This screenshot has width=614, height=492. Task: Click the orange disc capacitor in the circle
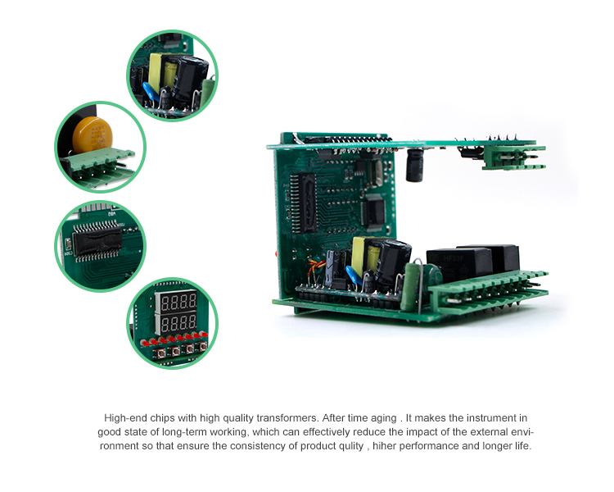click(x=93, y=134)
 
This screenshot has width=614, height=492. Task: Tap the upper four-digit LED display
click(x=176, y=302)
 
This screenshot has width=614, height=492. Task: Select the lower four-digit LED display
click(x=176, y=323)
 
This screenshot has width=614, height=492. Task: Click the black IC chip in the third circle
click(x=97, y=241)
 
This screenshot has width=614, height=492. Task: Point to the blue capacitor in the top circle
click(x=151, y=93)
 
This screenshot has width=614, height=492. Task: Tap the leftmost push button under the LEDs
click(x=161, y=352)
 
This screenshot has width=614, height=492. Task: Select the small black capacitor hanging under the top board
click(x=415, y=165)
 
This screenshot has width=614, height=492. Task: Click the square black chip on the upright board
click(x=373, y=212)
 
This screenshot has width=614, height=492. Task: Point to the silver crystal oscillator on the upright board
click(x=377, y=173)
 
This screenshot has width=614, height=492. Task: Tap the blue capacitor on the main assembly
click(x=354, y=276)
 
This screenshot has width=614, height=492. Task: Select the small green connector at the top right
click(x=513, y=157)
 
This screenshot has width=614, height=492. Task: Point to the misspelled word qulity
click(x=351, y=446)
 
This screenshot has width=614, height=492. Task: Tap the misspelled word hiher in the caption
click(x=384, y=446)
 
